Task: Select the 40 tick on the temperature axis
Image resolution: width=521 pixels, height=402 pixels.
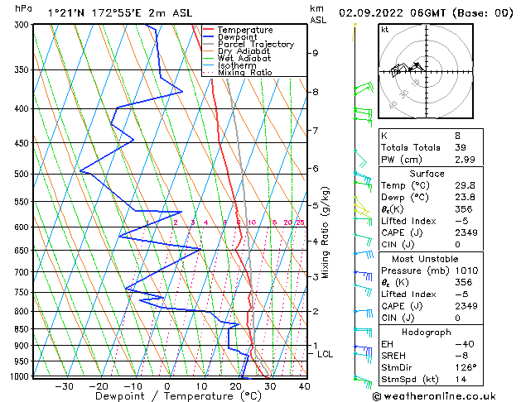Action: click(x=303, y=386)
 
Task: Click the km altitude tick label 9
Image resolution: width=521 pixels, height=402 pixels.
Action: click(x=316, y=53)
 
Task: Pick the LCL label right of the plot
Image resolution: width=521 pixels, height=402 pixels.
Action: click(x=326, y=354)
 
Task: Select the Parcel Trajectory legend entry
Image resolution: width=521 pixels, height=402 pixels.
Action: click(x=255, y=45)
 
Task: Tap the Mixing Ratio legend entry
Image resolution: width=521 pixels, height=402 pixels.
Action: click(x=245, y=73)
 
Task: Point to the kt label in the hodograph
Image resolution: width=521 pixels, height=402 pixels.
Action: click(x=384, y=29)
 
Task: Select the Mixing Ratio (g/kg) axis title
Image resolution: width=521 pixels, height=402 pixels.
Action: click(x=326, y=232)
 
